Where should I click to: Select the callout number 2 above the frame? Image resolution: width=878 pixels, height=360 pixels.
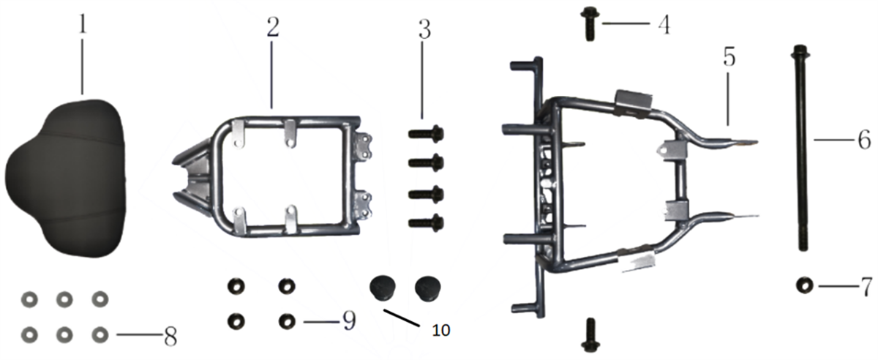[x=273, y=27]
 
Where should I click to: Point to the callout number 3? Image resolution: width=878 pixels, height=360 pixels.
[x=424, y=29]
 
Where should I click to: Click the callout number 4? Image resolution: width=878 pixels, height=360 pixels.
[x=664, y=24]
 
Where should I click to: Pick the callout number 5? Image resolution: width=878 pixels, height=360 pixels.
[x=729, y=57]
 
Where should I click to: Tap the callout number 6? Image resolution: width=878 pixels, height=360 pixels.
[x=864, y=140]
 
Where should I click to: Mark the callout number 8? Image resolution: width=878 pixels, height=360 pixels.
[x=170, y=337]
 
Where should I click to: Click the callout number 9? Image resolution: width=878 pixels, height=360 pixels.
[x=348, y=320]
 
